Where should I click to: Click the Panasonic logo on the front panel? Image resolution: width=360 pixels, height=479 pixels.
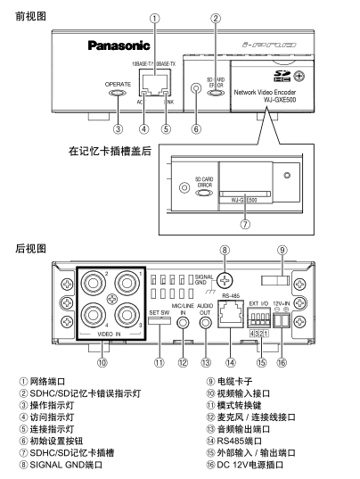(119, 45)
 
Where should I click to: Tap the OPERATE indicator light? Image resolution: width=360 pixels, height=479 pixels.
(118, 93)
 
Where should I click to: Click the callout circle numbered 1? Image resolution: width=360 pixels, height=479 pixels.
(155, 19)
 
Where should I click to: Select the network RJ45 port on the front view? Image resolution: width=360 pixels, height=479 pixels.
(155, 83)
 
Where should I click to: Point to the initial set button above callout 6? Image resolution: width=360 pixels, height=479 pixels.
(196, 88)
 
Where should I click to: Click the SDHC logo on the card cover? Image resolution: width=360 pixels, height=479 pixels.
(282, 76)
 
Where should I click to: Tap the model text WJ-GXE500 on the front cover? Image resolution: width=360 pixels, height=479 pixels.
(280, 100)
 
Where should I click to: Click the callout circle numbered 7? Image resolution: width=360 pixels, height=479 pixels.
(245, 224)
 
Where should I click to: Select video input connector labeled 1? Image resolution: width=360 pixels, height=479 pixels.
(127, 283)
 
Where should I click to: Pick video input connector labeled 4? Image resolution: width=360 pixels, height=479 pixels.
(94, 315)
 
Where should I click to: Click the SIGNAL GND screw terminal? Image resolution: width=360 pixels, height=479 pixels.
(225, 279)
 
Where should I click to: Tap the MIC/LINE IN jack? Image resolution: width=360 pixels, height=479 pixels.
(183, 323)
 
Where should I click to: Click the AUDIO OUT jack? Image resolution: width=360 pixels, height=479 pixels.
(205, 323)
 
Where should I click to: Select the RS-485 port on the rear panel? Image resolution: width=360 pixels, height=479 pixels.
(231, 314)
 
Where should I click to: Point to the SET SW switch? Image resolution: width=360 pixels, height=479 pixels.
(160, 320)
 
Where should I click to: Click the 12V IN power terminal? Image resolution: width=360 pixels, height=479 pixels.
(282, 320)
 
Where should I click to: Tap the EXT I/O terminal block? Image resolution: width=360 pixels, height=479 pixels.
(258, 318)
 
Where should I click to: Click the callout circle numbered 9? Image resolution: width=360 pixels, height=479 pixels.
(282, 250)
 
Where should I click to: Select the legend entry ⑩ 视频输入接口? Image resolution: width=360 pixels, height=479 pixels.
(238, 393)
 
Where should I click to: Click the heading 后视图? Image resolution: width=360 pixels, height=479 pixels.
(30, 248)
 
